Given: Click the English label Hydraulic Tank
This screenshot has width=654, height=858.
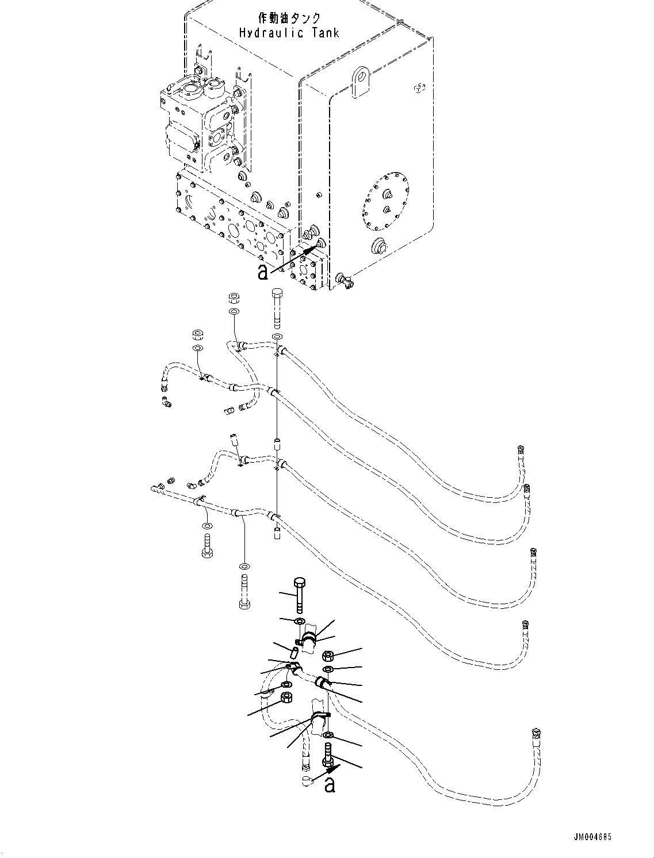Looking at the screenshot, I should click(x=289, y=32).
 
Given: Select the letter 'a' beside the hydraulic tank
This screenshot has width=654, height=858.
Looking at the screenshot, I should click(x=263, y=272).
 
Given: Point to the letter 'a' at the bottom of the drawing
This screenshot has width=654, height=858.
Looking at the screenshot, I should click(x=329, y=784).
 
